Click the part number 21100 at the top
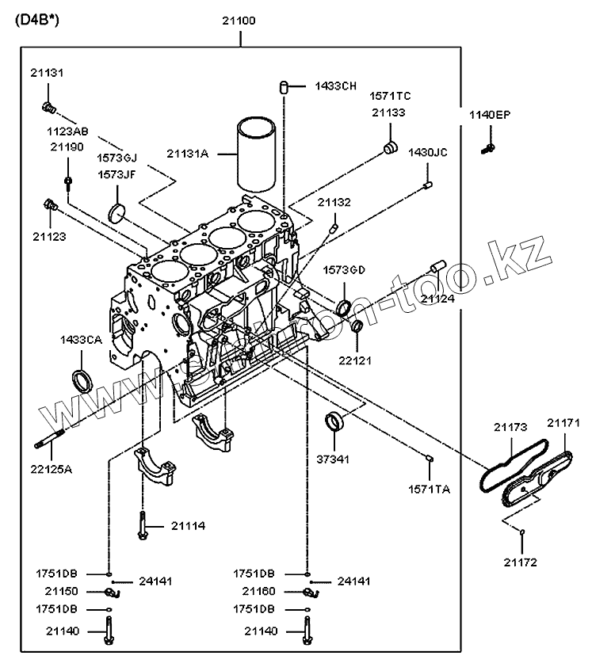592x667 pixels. pos(238,21)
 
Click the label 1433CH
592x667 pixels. pos(335,86)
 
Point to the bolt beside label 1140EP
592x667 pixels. pos(488,146)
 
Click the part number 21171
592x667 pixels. pos(563,424)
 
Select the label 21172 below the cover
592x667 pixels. pos(520,562)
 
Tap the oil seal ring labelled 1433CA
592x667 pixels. pos(82,379)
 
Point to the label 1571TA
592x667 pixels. pos(429,490)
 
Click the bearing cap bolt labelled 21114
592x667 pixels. pos(143,525)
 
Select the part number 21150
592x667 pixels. pos(61,592)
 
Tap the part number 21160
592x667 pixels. pos(258,592)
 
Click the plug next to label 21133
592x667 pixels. pos(390,148)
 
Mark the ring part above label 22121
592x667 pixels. pos(357,326)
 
